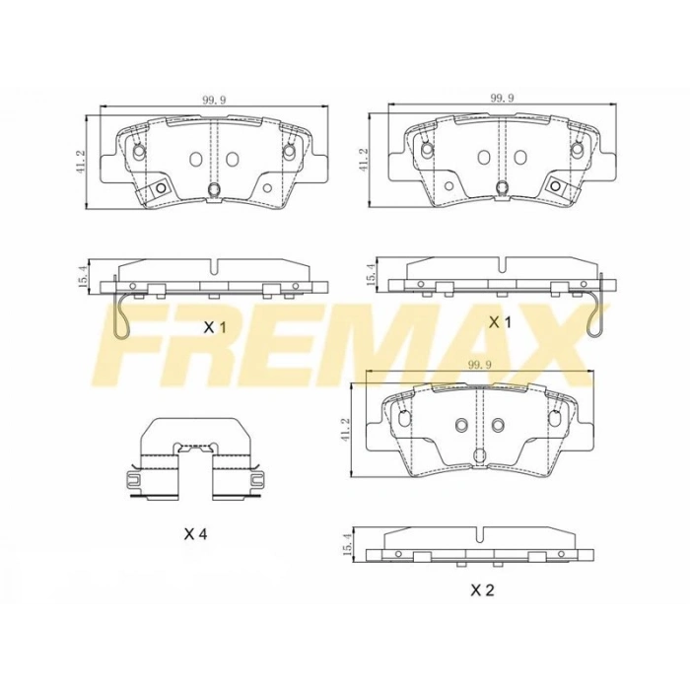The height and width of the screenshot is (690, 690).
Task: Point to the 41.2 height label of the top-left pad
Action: (83, 160)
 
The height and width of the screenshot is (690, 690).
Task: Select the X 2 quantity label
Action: (482, 589)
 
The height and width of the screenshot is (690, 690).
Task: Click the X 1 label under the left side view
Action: (214, 328)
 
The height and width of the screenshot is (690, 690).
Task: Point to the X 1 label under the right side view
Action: (501, 323)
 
